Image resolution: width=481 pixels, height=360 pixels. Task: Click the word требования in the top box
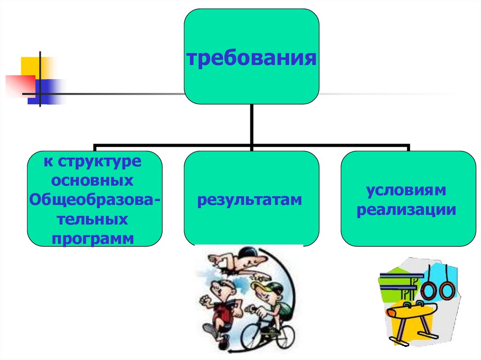(251, 60)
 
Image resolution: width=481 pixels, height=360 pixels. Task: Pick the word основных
(93, 181)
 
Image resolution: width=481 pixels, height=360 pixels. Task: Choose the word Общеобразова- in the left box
(94, 199)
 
